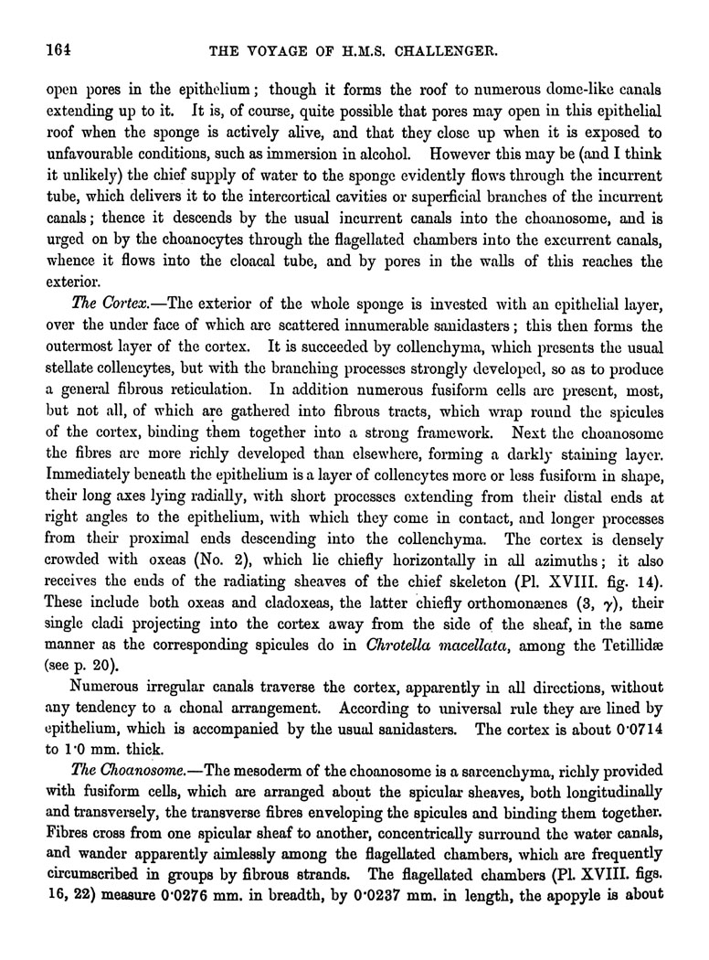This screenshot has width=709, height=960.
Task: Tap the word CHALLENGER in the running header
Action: pyautogui.click(x=446, y=52)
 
